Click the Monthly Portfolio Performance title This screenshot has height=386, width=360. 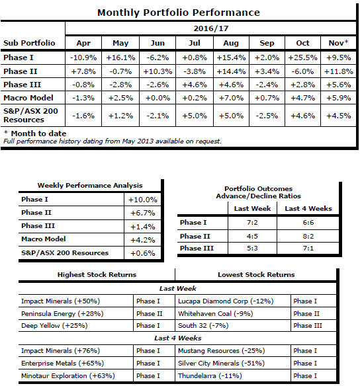tap(179, 13)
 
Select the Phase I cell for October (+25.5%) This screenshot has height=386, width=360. tap(302, 58)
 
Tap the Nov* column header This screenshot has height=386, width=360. tap(338, 43)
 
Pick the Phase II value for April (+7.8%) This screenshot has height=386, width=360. tap(83, 71)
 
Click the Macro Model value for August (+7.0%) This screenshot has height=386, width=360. tap(231, 98)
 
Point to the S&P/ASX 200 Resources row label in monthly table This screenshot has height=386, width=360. tap(30, 115)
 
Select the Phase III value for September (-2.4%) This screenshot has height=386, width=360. tap(267, 85)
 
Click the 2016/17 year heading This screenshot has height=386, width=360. tap(211, 28)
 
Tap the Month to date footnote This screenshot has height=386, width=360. tap(35, 134)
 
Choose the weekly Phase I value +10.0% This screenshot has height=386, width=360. tap(143, 200)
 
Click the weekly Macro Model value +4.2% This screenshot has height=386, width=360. tap(143, 240)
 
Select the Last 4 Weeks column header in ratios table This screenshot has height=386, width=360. tap(308, 208)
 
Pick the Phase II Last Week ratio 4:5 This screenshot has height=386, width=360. tap(252, 237)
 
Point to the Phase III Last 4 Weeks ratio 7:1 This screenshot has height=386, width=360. tap(308, 248)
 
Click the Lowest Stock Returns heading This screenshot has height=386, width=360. tap(256, 274)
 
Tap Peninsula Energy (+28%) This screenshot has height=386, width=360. tap(62, 313)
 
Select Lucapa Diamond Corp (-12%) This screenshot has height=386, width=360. tap(226, 301)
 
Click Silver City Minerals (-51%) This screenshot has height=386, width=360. tap(221, 363)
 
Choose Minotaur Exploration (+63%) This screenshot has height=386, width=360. tap(68, 375)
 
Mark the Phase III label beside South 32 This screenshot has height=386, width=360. tap(308, 325)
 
